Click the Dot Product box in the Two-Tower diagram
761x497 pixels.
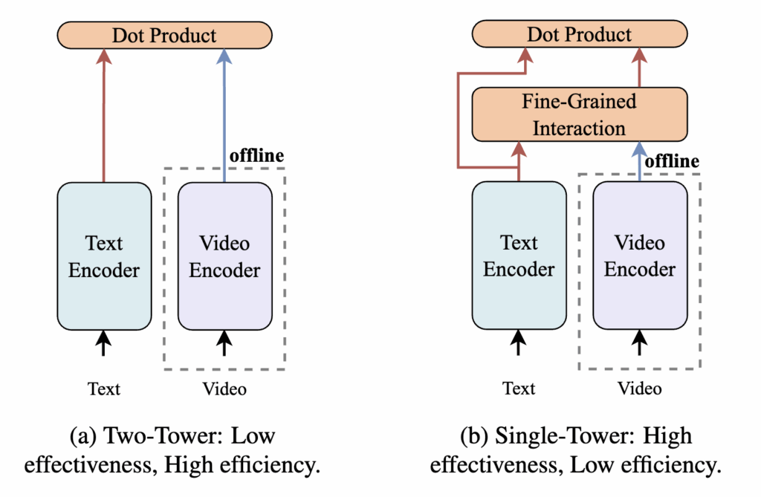click(164, 36)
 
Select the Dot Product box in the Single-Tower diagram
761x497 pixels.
click(579, 34)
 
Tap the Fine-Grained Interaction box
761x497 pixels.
click(579, 114)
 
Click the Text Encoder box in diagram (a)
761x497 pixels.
click(103, 256)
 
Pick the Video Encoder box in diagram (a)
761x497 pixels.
click(224, 256)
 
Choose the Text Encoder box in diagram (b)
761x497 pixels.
click(519, 256)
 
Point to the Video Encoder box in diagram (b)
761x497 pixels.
click(640, 256)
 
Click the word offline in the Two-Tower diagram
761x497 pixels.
click(257, 157)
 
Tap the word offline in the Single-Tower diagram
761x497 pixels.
click(672, 161)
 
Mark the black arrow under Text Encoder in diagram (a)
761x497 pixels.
click(103, 345)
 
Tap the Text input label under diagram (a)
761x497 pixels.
click(103, 389)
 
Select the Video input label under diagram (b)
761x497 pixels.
click(640, 389)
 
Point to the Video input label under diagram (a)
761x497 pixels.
click(224, 389)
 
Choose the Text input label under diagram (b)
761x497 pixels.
click(519, 389)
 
